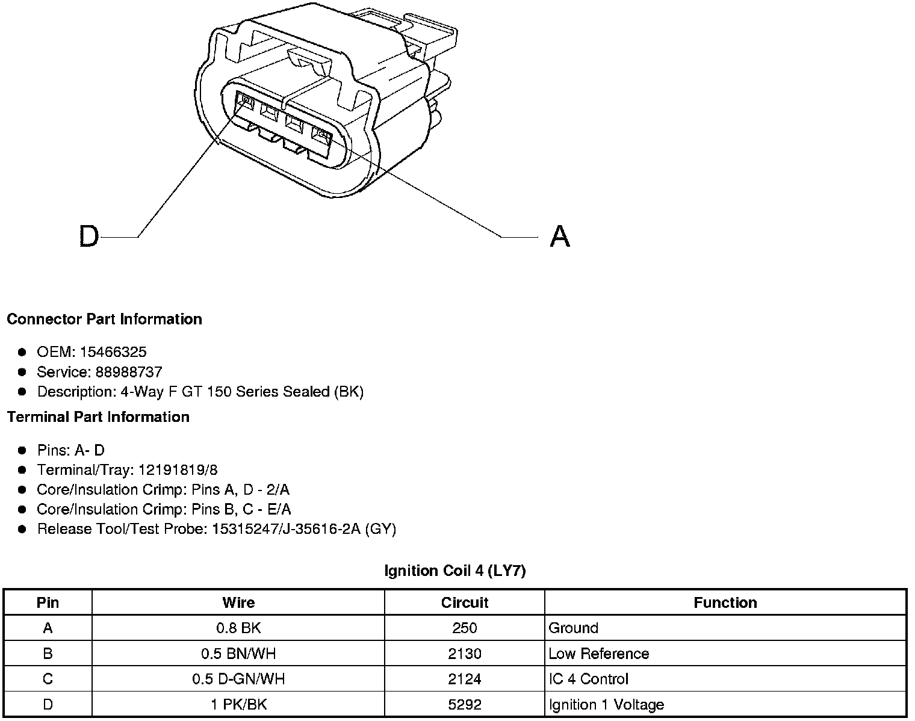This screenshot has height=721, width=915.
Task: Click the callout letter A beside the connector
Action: pyautogui.click(x=560, y=236)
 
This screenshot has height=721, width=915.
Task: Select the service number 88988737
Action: pyautogui.click(x=129, y=372)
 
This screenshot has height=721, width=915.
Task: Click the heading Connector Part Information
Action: pyautogui.click(x=104, y=319)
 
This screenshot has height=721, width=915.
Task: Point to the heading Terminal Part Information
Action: pyautogui.click(x=98, y=417)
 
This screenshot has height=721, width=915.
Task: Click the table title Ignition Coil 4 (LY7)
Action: pyautogui.click(x=455, y=571)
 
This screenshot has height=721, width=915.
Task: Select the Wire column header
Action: pyautogui.click(x=238, y=602)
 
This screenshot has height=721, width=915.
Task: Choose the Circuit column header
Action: pyautogui.click(x=465, y=602)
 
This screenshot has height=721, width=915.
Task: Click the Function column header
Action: pyautogui.click(x=725, y=602)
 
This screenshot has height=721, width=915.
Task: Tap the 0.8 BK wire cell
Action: pyautogui.click(x=238, y=628)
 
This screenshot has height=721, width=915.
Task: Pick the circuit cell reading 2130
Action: pyautogui.click(x=465, y=654)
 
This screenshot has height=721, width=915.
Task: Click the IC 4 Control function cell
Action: pyautogui.click(x=589, y=679)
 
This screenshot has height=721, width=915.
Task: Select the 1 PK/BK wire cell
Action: pyautogui.click(x=238, y=705)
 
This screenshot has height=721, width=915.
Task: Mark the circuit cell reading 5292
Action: pyautogui.click(x=465, y=705)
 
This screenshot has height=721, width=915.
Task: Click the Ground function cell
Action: pyautogui.click(x=574, y=628)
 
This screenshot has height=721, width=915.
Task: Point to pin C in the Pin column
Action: pyautogui.click(x=48, y=679)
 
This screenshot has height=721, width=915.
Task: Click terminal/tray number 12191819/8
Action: pyautogui.click(x=178, y=470)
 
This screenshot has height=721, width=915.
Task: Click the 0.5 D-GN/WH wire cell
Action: pyautogui.click(x=238, y=679)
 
